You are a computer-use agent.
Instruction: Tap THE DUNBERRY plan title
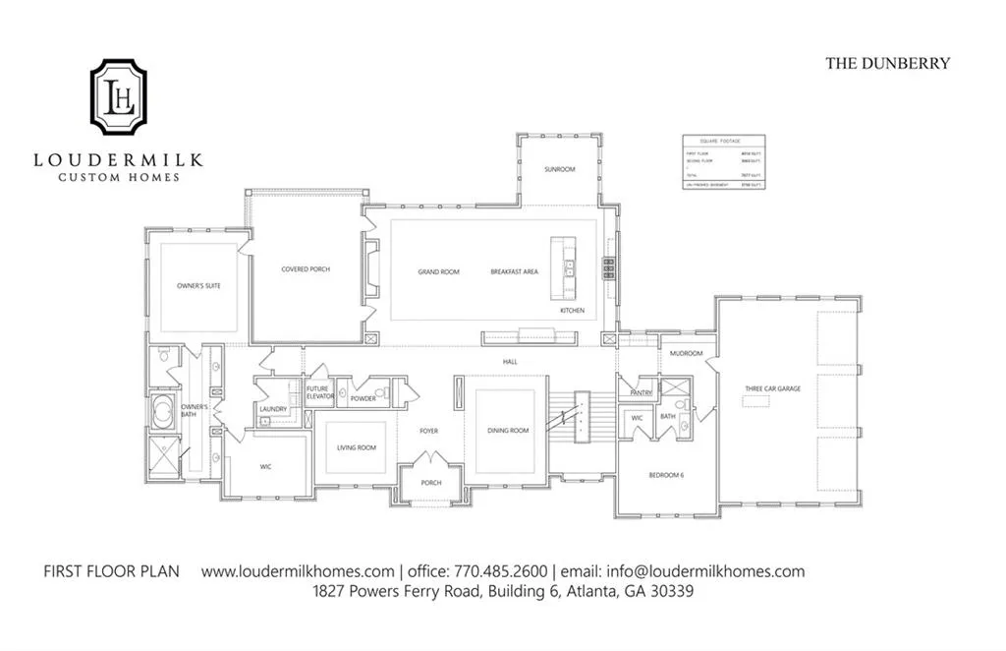[x=887, y=63]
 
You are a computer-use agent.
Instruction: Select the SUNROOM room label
[x=560, y=170]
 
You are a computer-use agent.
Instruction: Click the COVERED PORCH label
[x=306, y=269]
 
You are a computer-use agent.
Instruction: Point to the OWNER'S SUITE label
[x=198, y=286]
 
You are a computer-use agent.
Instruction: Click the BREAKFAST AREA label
[x=514, y=271]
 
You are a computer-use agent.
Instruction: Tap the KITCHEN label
[x=572, y=311]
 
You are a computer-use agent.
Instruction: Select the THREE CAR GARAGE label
[x=772, y=389]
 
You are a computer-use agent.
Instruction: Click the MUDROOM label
[x=685, y=353]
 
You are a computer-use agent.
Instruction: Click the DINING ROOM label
[x=508, y=431]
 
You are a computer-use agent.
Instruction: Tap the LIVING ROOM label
[x=357, y=447]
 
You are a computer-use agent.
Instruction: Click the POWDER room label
[x=363, y=398]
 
